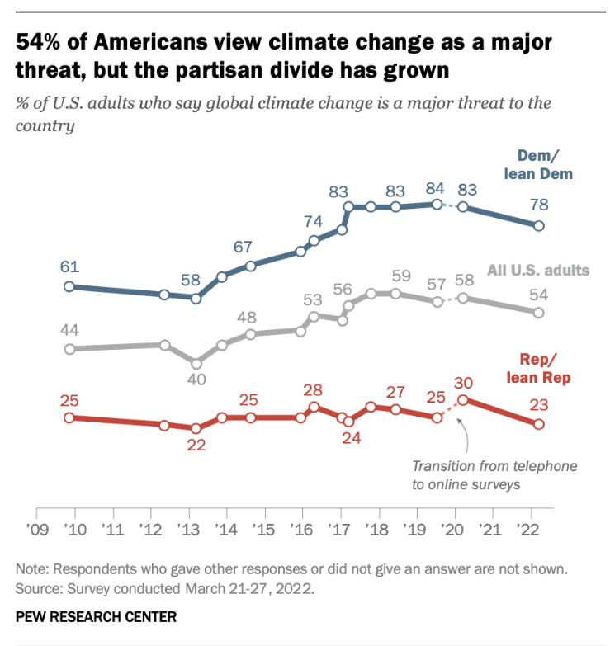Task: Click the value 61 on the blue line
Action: [69, 266]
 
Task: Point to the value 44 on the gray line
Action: [69, 329]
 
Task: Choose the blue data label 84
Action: [436, 186]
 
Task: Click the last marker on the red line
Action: [538, 424]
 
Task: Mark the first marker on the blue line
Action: [69, 286]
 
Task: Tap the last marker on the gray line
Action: [538, 313]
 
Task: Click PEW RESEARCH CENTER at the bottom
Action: [96, 617]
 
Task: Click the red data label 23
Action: [538, 404]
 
